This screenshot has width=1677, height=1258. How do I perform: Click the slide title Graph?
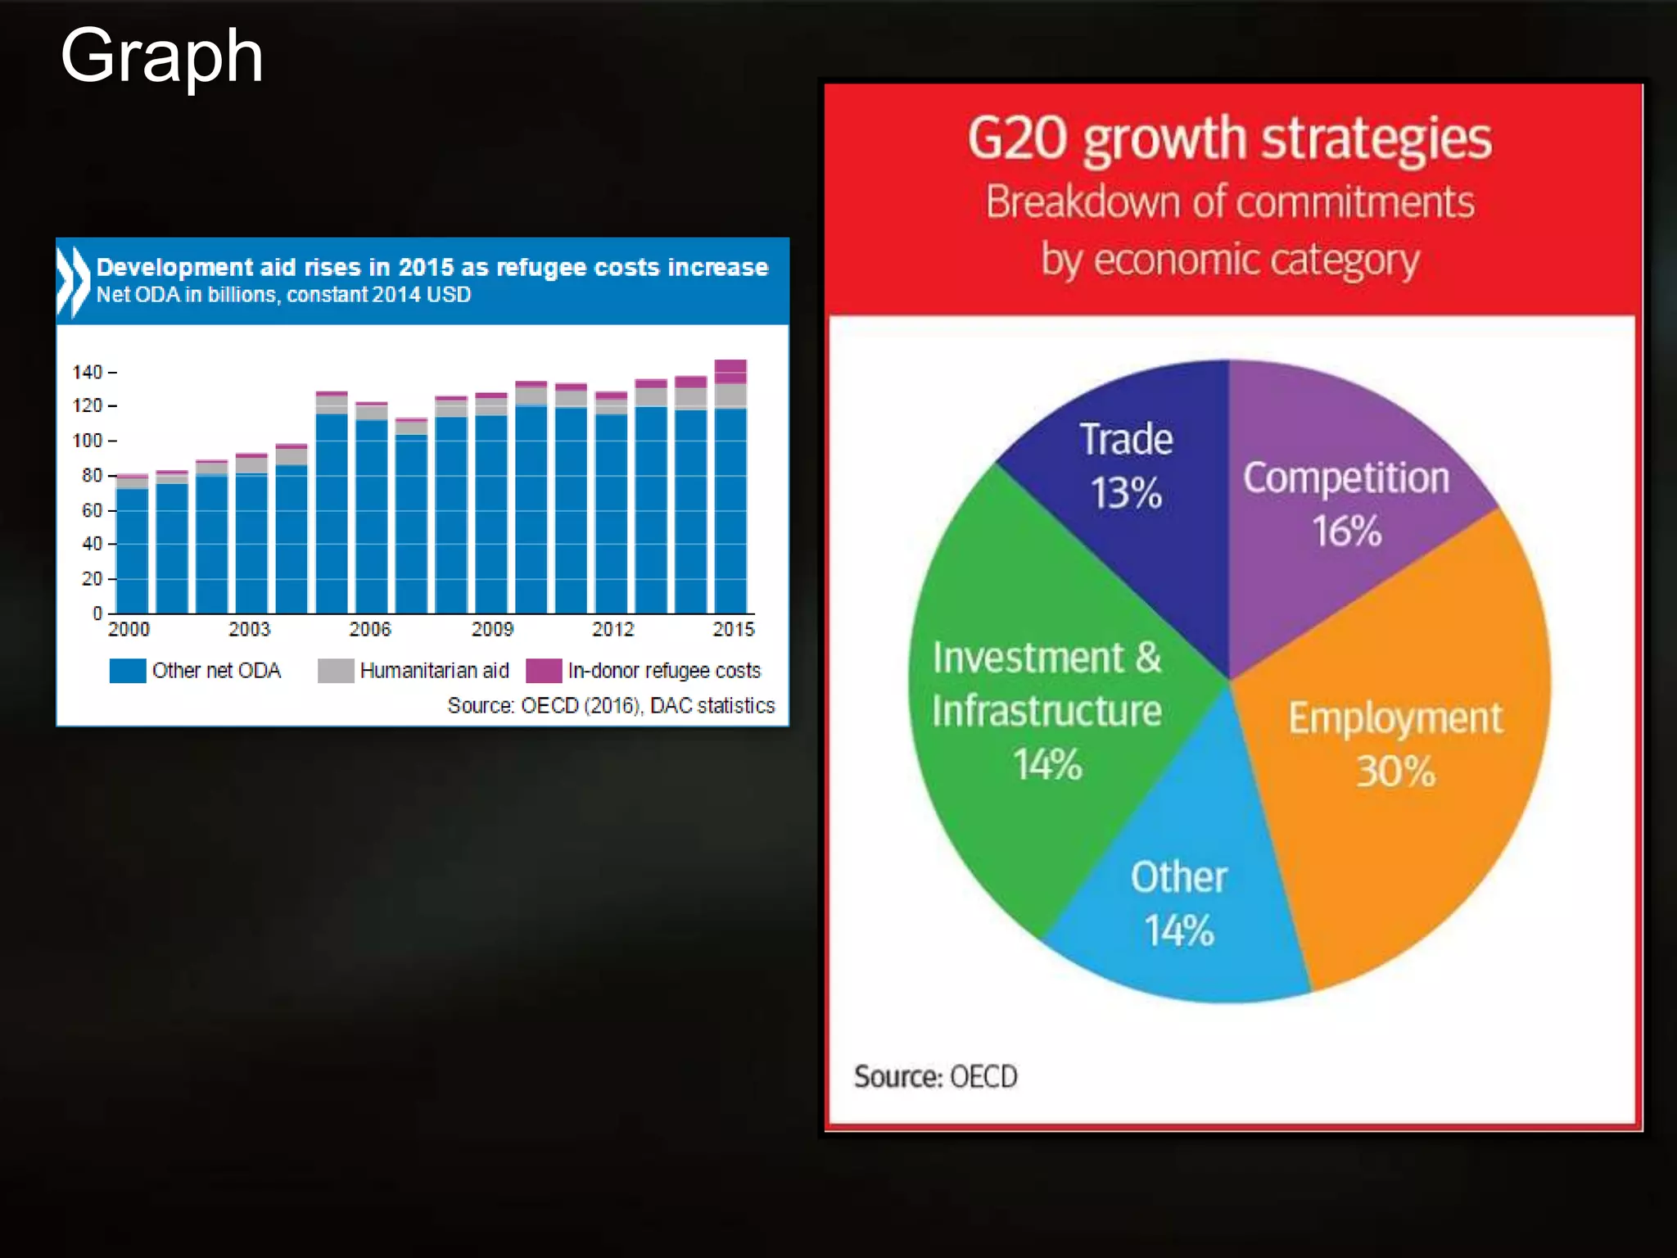point(161,56)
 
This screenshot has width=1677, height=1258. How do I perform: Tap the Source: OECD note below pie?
point(935,1076)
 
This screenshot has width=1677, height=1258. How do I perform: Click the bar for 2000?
point(133,549)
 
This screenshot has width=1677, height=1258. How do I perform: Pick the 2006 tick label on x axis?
point(370,629)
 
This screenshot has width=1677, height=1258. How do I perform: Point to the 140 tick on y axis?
point(88,373)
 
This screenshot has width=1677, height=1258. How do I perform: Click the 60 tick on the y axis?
point(92,510)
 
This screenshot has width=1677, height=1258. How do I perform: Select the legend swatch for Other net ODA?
point(128,671)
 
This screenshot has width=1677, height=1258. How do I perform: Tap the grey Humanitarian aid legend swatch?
point(336,671)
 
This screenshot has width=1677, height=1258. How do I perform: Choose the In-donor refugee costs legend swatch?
point(544,671)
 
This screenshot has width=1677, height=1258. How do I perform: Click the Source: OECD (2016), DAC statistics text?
point(611,705)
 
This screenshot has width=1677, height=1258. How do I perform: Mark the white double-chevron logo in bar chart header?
point(74,281)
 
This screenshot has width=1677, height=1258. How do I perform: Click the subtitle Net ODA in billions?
point(283,295)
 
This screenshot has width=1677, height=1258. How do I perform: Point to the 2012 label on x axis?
point(612,629)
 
